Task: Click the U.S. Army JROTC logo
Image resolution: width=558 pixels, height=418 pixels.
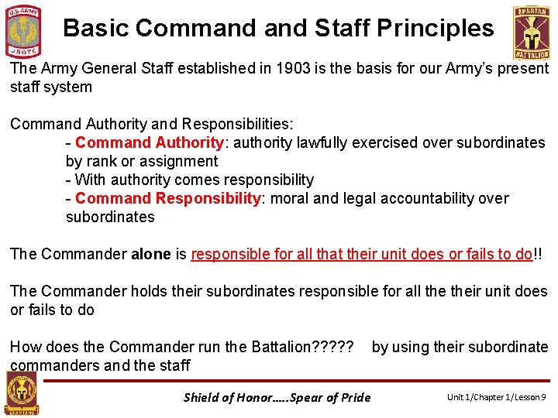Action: coord(24,31)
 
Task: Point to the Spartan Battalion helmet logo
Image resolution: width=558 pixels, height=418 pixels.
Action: coord(532,32)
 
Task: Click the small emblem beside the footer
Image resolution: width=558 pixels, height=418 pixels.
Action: coord(21,392)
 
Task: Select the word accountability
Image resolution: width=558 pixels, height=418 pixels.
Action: coord(425,198)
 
